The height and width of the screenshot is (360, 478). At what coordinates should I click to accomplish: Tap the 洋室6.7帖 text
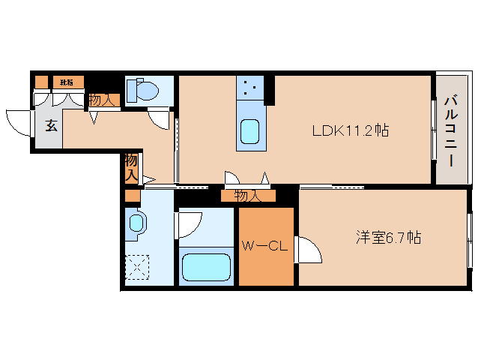point(387,238)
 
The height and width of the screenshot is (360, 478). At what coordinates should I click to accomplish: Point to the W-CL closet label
point(265,247)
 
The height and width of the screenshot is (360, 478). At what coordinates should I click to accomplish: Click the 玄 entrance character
point(51,125)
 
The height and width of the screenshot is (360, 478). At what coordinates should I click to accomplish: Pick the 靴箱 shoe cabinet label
point(67,82)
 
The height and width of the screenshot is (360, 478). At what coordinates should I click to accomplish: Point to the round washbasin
point(135,223)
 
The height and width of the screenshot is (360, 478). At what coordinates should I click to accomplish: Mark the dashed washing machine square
point(137,266)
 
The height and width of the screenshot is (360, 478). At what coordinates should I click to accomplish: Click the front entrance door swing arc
point(19,121)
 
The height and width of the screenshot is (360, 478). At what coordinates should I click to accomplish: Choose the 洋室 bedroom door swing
point(309,248)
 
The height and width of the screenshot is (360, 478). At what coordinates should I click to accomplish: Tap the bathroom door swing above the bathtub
point(190,225)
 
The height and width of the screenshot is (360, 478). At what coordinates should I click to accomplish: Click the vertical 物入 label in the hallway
point(130,167)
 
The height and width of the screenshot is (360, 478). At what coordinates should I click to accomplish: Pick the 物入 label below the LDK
point(247,196)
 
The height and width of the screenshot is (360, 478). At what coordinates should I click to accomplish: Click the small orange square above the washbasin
point(133,196)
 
